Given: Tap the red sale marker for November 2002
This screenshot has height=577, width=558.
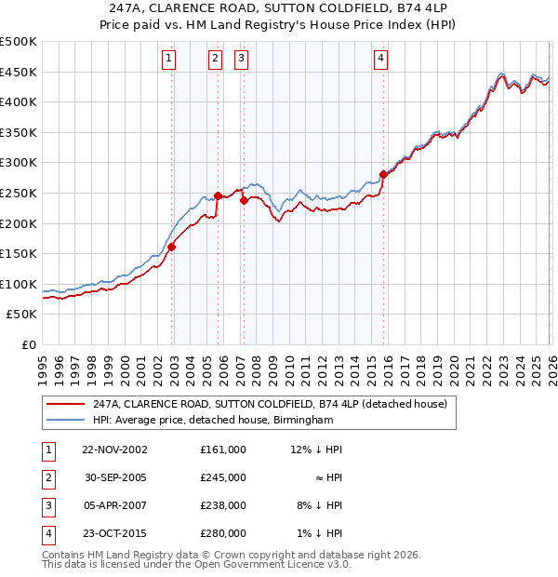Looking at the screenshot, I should coord(172,247).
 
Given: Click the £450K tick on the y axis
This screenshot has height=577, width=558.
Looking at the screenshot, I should coord(19,72).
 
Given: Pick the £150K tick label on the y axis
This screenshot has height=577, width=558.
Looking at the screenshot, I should coord(19,253).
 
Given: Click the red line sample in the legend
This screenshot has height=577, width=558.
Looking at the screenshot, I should coord(65,404).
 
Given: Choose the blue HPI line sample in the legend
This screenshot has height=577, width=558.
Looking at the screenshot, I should coord(65,421).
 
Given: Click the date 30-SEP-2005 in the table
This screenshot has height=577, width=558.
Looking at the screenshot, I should coord(114,477).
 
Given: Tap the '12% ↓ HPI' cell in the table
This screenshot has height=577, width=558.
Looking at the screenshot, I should coord(316,450).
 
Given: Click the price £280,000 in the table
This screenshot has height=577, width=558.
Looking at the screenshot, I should coord(223,533).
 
